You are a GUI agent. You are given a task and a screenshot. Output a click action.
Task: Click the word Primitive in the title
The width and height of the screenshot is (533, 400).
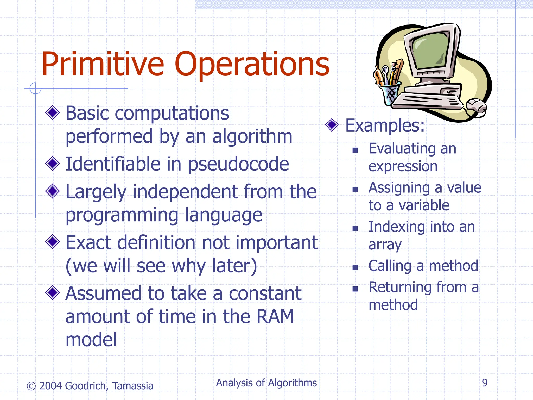point(103,64)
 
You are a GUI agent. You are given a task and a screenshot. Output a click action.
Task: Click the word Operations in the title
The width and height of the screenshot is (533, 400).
point(252,64)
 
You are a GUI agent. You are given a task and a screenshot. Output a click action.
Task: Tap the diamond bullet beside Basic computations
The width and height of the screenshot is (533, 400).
point(53,113)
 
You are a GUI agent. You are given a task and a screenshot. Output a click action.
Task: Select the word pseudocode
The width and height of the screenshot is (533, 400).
point(238,165)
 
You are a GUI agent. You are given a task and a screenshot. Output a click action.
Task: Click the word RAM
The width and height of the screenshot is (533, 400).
point(275,316)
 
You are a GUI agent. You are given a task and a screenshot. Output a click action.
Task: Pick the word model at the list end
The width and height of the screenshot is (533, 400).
point(91,340)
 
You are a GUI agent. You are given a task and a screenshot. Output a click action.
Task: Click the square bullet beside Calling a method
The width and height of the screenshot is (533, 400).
point(355,267)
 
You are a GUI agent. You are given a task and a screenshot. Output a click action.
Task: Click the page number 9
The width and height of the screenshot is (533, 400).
point(485,383)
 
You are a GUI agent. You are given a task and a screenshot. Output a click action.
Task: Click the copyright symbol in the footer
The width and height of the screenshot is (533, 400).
point(31,386)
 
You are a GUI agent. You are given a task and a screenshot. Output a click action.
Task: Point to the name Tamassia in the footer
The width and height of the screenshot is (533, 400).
point(133,386)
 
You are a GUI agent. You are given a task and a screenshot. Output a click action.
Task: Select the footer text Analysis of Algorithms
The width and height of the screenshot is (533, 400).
point(266,383)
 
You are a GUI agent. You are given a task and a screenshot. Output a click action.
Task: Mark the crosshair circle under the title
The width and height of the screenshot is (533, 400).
point(35,88)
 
